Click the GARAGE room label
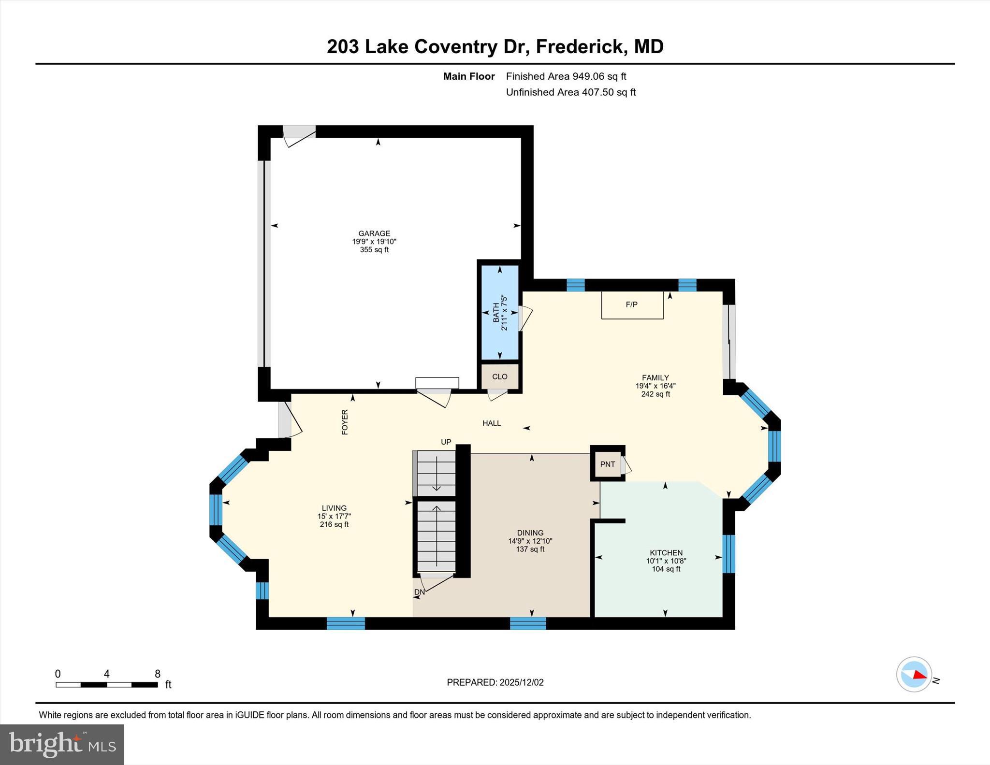pos(374,233)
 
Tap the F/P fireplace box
pos(632,305)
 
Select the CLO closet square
pos(499,377)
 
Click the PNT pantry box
pos(607,464)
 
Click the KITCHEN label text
pos(666,553)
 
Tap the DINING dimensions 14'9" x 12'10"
pos(530,541)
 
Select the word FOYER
pos(345,422)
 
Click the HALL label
pos(491,423)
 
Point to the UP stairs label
pos(446,442)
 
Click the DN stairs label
pos(419,592)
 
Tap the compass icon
pos(913,674)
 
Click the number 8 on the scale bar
pos(157,674)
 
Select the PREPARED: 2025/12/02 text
pos(495,682)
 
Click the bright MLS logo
pos(62,744)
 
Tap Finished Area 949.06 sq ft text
pos(566,76)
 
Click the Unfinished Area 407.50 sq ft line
pos(570,92)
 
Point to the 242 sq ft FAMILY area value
pos(655,394)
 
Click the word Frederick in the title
pos(579,47)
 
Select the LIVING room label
pos(334,508)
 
